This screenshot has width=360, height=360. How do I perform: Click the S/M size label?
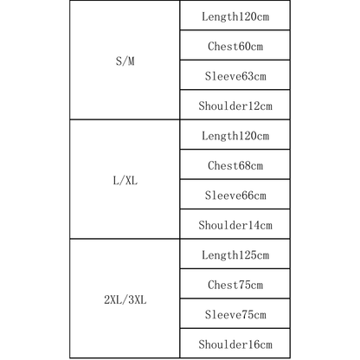125,61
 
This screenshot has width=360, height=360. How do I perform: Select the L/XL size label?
125,181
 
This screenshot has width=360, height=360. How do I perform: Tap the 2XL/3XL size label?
125,300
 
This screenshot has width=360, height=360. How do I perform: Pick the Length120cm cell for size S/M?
235,16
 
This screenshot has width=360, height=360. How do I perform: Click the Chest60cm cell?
235,46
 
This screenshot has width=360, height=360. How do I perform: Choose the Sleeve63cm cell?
235,76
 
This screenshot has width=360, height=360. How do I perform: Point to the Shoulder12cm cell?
235,106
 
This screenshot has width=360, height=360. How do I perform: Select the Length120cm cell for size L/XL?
235,136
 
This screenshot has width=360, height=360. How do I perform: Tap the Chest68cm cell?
235,165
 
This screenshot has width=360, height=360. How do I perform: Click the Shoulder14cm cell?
235,225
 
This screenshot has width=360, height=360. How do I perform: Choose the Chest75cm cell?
235,285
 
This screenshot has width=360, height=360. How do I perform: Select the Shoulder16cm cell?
235,344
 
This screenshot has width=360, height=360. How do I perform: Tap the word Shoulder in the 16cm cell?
223,344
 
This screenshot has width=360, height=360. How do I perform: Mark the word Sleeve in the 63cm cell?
223,76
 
